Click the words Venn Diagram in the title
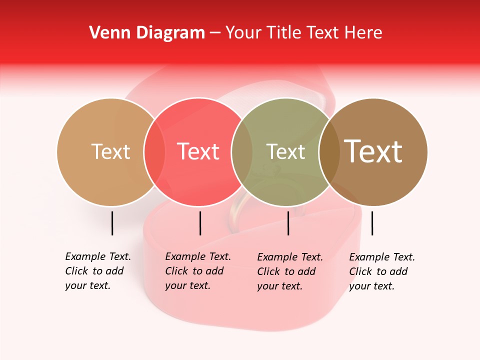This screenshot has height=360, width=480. click(147, 33)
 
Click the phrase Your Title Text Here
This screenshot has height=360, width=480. click(303, 33)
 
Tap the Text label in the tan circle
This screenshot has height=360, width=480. click(110, 151)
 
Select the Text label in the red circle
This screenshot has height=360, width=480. click(198, 151)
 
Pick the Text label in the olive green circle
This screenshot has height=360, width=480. click(285, 151)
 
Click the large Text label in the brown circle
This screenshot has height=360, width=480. click(373, 151)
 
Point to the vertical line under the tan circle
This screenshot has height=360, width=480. click(112, 223)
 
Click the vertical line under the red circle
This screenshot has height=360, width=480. click(200, 223)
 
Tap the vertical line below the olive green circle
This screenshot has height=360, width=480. click(288, 223)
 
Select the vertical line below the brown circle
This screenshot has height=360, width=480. click(372, 223)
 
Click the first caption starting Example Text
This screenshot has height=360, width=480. click(98, 271)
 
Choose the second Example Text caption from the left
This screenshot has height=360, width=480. click(198, 271)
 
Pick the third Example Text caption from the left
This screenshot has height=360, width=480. click(290, 271)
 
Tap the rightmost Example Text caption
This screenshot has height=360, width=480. click(382, 271)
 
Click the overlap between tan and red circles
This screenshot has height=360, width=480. click(154, 151)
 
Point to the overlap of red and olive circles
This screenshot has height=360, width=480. click(241, 151)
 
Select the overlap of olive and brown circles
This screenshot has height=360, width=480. click(329, 151)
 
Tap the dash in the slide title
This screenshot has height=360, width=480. click(215, 33)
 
